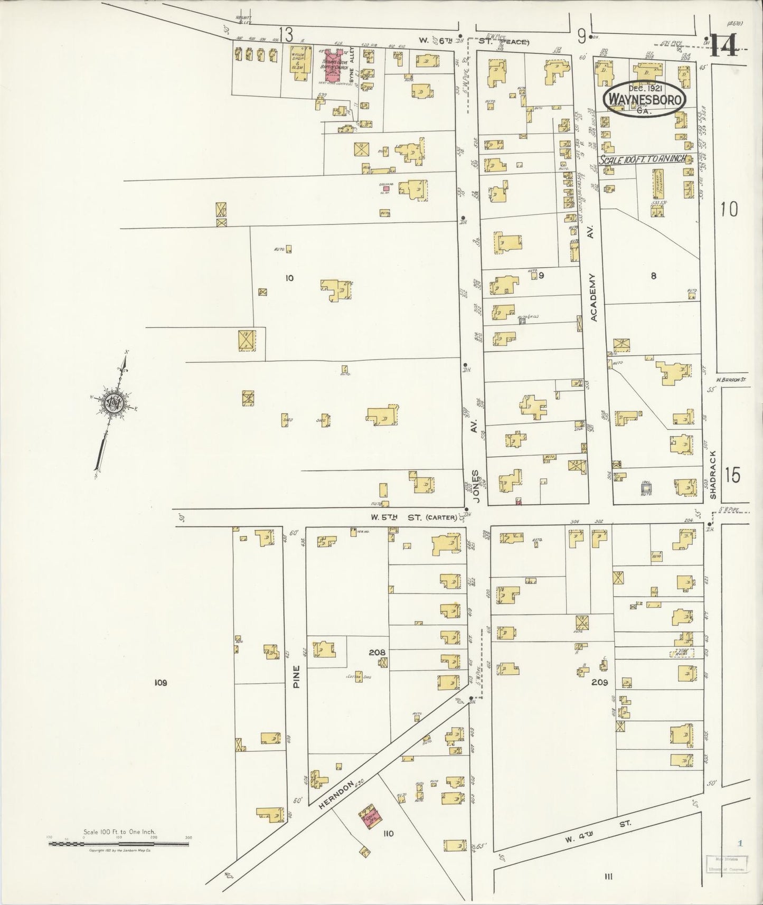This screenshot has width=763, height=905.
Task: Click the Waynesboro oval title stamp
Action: tap(645, 98)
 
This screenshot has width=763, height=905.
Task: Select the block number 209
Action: tap(599, 682)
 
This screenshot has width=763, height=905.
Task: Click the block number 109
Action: tap(161, 683)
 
